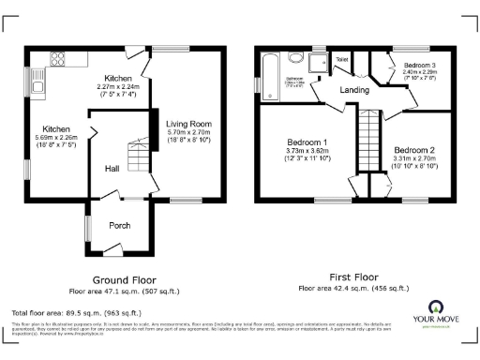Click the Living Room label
point(188,124)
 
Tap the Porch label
point(120,225)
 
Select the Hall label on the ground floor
point(112,169)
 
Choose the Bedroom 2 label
point(413,150)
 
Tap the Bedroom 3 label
point(419,65)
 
